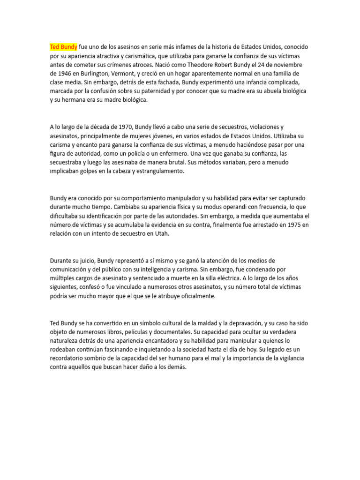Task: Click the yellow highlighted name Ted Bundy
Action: point(64,47)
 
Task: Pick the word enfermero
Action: point(189,154)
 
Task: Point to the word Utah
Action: point(161,234)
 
